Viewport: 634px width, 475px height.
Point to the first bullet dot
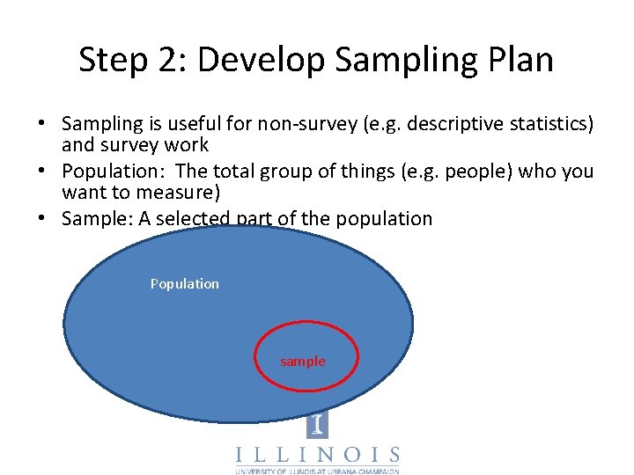coord(42,124)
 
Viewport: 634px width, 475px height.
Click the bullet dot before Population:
coord(42,171)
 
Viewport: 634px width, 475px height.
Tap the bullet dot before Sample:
coord(42,218)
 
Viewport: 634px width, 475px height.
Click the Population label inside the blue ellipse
coord(185,283)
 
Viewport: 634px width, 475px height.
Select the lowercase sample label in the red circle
coord(303,362)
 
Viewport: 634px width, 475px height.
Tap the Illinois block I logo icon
coord(317,425)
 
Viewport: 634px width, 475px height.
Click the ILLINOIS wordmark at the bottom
coord(317,456)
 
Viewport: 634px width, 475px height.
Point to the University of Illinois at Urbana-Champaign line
coord(317,471)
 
